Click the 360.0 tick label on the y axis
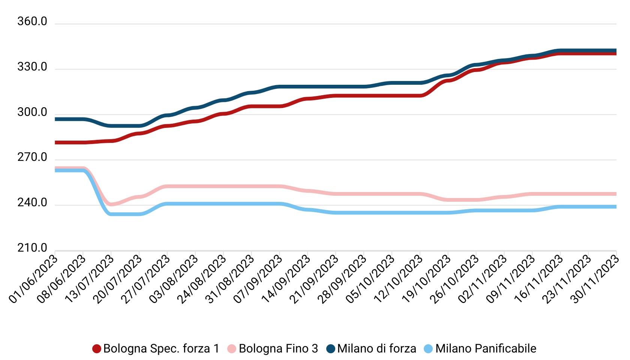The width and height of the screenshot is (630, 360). pyautogui.click(x=32, y=22)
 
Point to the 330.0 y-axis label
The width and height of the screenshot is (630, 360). pyautogui.click(x=32, y=67)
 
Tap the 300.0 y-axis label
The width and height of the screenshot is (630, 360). pyautogui.click(x=32, y=112)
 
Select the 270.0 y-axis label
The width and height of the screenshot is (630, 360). pyautogui.click(x=32, y=157)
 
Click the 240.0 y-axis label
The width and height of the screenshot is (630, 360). pyautogui.click(x=32, y=203)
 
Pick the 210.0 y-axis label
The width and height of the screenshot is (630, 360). pyautogui.click(x=32, y=248)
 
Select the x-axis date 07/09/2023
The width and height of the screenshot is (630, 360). pyautogui.click(x=258, y=278)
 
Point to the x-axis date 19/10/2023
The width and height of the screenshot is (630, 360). pyautogui.click(x=427, y=278)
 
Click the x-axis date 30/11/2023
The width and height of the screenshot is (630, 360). pyautogui.click(x=595, y=278)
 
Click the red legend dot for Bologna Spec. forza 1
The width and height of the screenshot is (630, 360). pyautogui.click(x=97, y=349)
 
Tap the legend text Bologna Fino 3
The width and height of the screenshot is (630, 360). pyautogui.click(x=278, y=349)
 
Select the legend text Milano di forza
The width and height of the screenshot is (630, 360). pyautogui.click(x=376, y=349)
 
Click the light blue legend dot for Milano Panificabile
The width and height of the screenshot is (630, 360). pyautogui.click(x=428, y=349)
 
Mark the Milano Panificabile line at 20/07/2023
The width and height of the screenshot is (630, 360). pyautogui.click(x=139, y=214)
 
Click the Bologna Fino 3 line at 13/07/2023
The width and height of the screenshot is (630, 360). pyautogui.click(x=111, y=204)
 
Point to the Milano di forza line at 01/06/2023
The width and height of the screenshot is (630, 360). pyautogui.click(x=55, y=119)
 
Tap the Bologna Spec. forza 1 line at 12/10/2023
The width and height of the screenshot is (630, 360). pyautogui.click(x=420, y=96)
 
